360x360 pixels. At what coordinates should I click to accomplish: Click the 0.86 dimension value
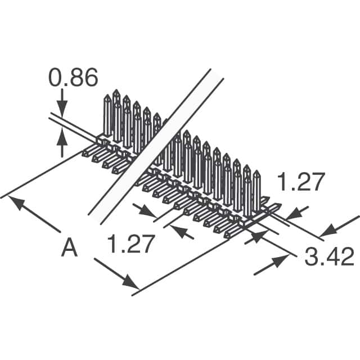point(73,79)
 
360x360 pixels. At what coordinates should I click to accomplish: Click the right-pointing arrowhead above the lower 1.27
point(151,213)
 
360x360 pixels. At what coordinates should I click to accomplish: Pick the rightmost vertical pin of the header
point(256,191)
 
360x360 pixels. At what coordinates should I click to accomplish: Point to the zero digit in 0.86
point(56,79)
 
